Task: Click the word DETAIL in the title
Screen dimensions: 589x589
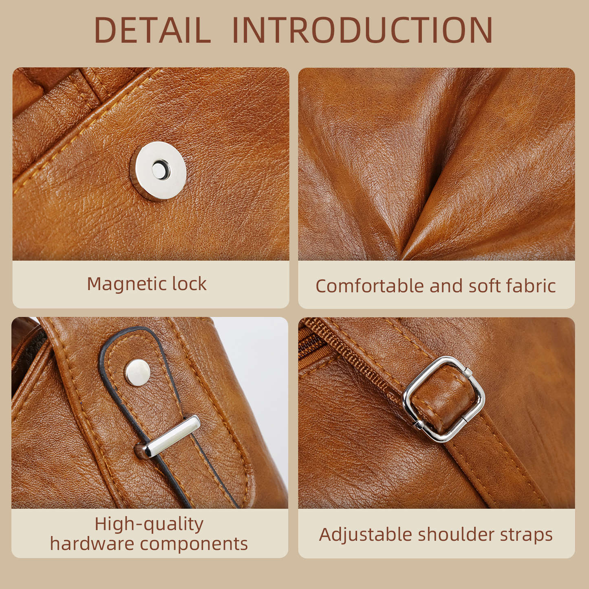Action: coord(152,30)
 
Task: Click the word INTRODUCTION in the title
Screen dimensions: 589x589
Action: coord(362,30)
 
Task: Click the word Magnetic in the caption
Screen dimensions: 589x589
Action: coord(126,285)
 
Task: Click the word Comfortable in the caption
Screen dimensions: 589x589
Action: coord(370,286)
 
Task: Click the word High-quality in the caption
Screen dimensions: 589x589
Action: coord(149,525)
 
